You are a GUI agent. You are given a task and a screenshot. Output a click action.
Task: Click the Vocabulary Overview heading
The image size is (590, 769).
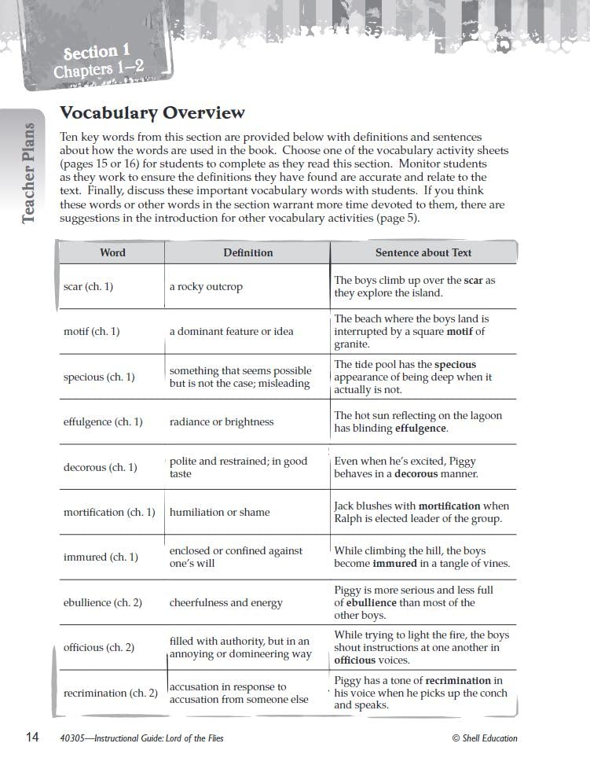(x=152, y=113)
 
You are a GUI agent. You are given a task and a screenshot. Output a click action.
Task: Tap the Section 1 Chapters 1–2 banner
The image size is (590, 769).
(x=99, y=61)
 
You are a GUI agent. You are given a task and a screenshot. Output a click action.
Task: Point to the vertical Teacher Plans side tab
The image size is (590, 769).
(x=28, y=173)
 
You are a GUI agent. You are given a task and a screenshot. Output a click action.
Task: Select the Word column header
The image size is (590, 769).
(x=112, y=252)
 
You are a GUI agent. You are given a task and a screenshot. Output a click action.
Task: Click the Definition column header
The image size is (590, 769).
(x=248, y=252)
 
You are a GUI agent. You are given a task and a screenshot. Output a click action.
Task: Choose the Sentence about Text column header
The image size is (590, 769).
(x=423, y=252)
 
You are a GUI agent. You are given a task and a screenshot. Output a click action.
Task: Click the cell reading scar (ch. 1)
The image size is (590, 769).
(x=88, y=287)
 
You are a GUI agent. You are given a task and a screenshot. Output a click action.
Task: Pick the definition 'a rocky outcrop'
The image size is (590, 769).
(x=206, y=287)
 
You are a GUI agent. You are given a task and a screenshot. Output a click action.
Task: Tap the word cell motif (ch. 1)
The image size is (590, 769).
(x=91, y=332)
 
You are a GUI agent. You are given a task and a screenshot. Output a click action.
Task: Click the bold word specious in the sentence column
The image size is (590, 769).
(x=455, y=365)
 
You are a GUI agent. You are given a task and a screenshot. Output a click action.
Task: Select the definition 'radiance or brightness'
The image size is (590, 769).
(x=222, y=422)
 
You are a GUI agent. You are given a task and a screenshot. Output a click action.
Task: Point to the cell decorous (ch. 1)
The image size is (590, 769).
(x=100, y=468)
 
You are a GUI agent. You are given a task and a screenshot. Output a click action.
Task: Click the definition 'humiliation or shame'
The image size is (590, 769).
(x=219, y=513)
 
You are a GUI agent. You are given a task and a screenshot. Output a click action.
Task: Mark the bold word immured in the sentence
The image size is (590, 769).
(x=394, y=564)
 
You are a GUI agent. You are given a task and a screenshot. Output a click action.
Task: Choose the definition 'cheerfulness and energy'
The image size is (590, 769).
(x=225, y=603)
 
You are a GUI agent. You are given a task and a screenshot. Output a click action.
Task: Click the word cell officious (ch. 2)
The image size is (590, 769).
(x=99, y=648)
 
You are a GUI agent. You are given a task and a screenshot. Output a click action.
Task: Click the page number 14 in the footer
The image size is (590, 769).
(x=32, y=738)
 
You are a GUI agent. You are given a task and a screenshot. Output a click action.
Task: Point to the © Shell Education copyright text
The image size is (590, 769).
(x=485, y=738)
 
